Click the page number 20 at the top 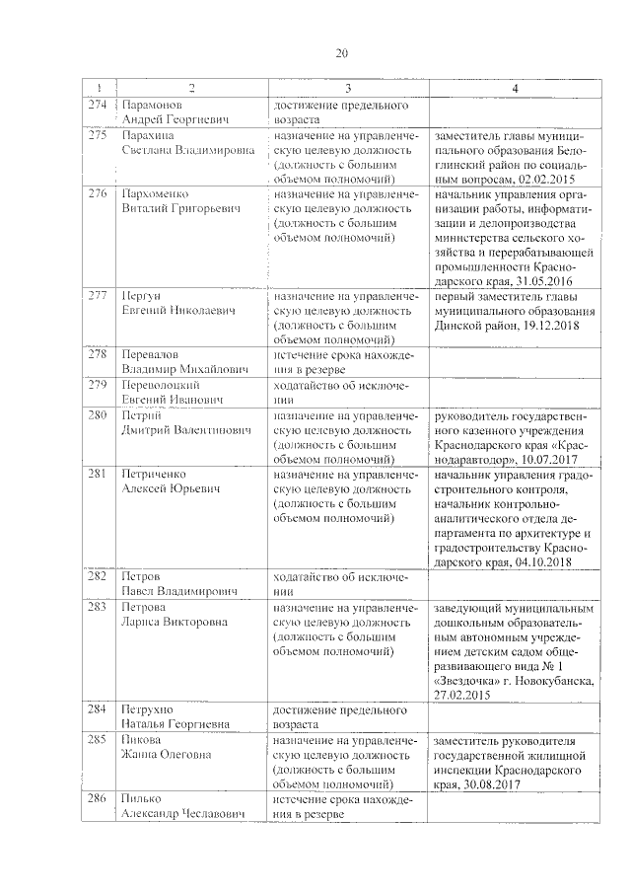(x=341, y=53)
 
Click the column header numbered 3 (x=347, y=89)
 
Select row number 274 (x=97, y=104)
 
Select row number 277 (x=97, y=296)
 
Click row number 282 (x=97, y=575)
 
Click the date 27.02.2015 (x=461, y=695)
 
